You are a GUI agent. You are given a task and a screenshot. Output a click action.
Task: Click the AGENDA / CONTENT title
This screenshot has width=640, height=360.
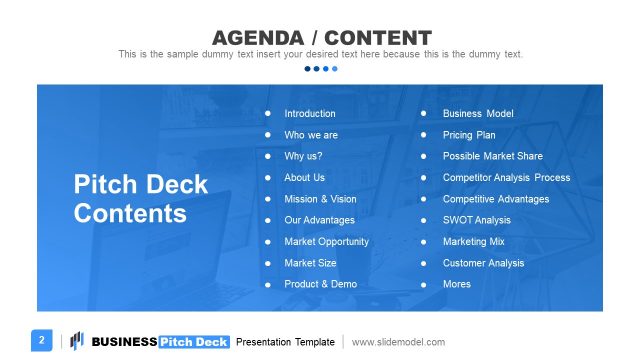pyautogui.click(x=321, y=37)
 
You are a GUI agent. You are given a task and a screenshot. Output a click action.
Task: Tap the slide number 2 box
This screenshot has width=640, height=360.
pyautogui.click(x=42, y=341)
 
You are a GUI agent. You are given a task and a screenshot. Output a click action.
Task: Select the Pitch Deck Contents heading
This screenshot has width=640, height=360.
pyautogui.click(x=141, y=199)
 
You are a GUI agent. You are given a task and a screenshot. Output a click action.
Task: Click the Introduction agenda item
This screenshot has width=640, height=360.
pyautogui.click(x=310, y=114)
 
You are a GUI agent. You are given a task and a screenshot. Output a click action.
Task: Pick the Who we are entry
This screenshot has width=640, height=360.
pyautogui.click(x=311, y=135)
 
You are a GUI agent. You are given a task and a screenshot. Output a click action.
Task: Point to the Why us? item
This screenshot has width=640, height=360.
pyautogui.click(x=303, y=156)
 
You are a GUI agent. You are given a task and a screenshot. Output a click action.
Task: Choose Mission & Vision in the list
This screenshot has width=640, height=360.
pyautogui.click(x=320, y=199)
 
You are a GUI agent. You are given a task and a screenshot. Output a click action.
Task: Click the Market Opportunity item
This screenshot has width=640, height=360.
pyautogui.click(x=326, y=241)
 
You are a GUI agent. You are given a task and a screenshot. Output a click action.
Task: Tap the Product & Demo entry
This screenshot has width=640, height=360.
pyautogui.click(x=320, y=284)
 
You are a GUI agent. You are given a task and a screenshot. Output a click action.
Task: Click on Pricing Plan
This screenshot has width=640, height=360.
pyautogui.click(x=469, y=135)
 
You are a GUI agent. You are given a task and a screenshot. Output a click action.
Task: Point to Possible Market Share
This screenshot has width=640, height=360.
pyautogui.click(x=493, y=156)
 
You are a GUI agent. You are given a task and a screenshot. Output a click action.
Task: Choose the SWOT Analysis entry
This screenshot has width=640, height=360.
pyautogui.click(x=476, y=220)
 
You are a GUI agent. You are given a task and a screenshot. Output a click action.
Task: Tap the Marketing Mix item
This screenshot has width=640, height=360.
pyautogui.click(x=474, y=241)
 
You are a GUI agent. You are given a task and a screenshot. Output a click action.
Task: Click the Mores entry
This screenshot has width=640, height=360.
pyautogui.click(x=457, y=284)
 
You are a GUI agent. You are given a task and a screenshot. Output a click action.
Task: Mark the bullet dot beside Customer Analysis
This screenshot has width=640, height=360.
pyautogui.click(x=424, y=263)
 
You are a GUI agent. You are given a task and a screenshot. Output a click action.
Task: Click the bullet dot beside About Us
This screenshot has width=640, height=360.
pyautogui.click(x=267, y=178)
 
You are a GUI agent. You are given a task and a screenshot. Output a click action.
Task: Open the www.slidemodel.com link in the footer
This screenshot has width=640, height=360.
pyautogui.click(x=398, y=342)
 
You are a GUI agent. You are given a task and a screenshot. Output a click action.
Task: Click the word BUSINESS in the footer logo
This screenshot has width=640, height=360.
pyautogui.click(x=124, y=342)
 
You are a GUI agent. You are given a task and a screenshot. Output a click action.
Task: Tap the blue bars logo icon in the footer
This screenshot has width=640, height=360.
pyautogui.click(x=77, y=341)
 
